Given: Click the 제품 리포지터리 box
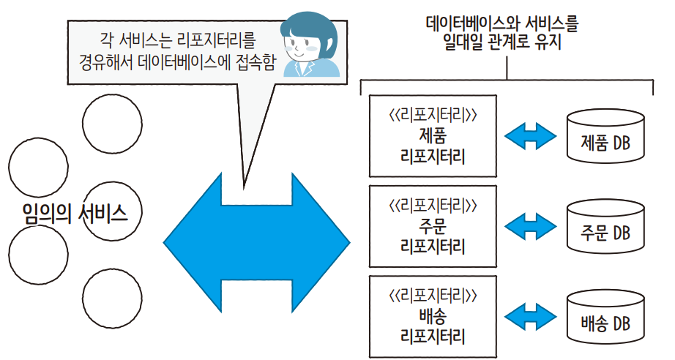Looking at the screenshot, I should (x=434, y=135).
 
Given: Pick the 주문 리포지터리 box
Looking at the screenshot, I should (x=434, y=226).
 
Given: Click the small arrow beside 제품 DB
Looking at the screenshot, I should (x=531, y=136).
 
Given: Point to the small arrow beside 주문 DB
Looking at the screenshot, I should (x=531, y=227).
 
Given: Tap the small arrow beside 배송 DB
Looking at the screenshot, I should (x=531, y=318).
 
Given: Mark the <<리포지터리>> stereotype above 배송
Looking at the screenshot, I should (x=434, y=296).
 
